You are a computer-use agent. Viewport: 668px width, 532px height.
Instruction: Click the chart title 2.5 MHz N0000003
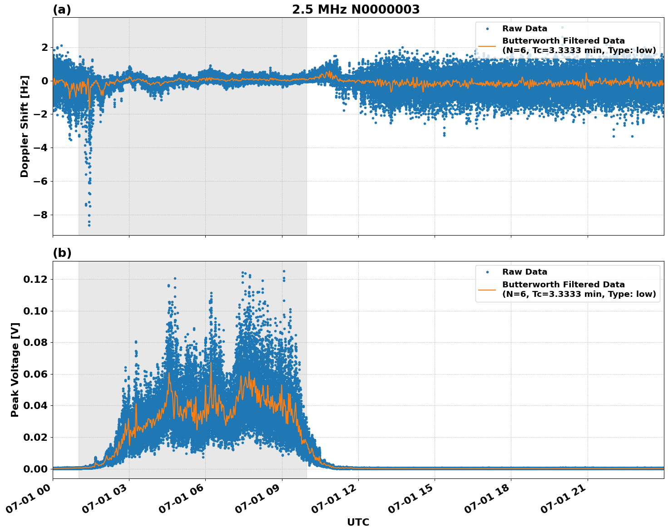click(356, 10)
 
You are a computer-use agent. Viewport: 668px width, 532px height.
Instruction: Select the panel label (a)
click(62, 10)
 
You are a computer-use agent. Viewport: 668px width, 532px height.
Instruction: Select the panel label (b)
click(62, 253)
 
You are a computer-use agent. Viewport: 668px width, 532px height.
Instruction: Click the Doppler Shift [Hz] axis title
click(25, 126)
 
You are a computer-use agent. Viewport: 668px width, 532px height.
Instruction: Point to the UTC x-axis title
click(358, 522)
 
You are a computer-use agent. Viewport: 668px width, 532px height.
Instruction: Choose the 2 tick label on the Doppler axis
click(44, 48)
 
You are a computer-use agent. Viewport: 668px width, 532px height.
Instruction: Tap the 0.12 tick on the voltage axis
click(35, 279)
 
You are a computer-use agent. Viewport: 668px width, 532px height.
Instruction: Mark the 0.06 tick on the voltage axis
click(35, 374)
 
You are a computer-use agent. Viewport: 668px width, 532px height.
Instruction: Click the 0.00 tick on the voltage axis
click(35, 469)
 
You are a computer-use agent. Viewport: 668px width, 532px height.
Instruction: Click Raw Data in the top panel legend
click(525, 29)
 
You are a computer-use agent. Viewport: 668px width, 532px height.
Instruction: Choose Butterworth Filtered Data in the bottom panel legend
click(563, 285)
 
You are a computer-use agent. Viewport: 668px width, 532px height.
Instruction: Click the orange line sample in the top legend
click(487, 45)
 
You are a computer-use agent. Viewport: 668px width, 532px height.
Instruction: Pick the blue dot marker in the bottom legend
click(487, 272)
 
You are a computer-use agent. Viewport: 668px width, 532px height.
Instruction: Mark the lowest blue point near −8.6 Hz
click(89, 225)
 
